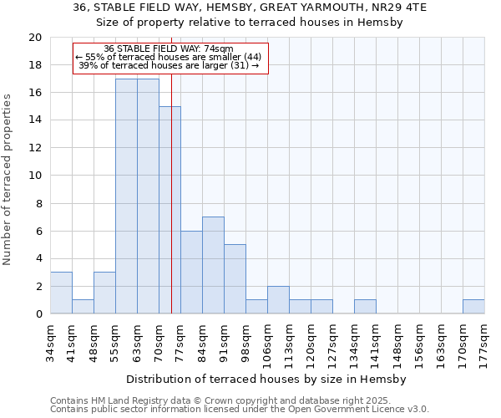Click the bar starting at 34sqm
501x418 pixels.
tap(61, 293)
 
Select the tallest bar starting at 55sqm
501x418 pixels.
tap(126, 196)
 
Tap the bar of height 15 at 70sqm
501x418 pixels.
tap(170, 210)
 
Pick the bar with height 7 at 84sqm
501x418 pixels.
tap(213, 265)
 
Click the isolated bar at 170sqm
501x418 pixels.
tap(473, 307)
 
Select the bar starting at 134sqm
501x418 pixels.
tap(365, 307)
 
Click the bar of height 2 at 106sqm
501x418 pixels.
tap(278, 300)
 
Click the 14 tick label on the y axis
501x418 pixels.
tap(34, 120)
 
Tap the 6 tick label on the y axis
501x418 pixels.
tap(38, 231)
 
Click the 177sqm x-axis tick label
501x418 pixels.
tap(485, 341)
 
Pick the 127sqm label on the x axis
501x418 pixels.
tap(333, 341)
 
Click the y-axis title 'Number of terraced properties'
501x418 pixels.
tap(8, 179)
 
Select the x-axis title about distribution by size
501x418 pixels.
tap(267, 379)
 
